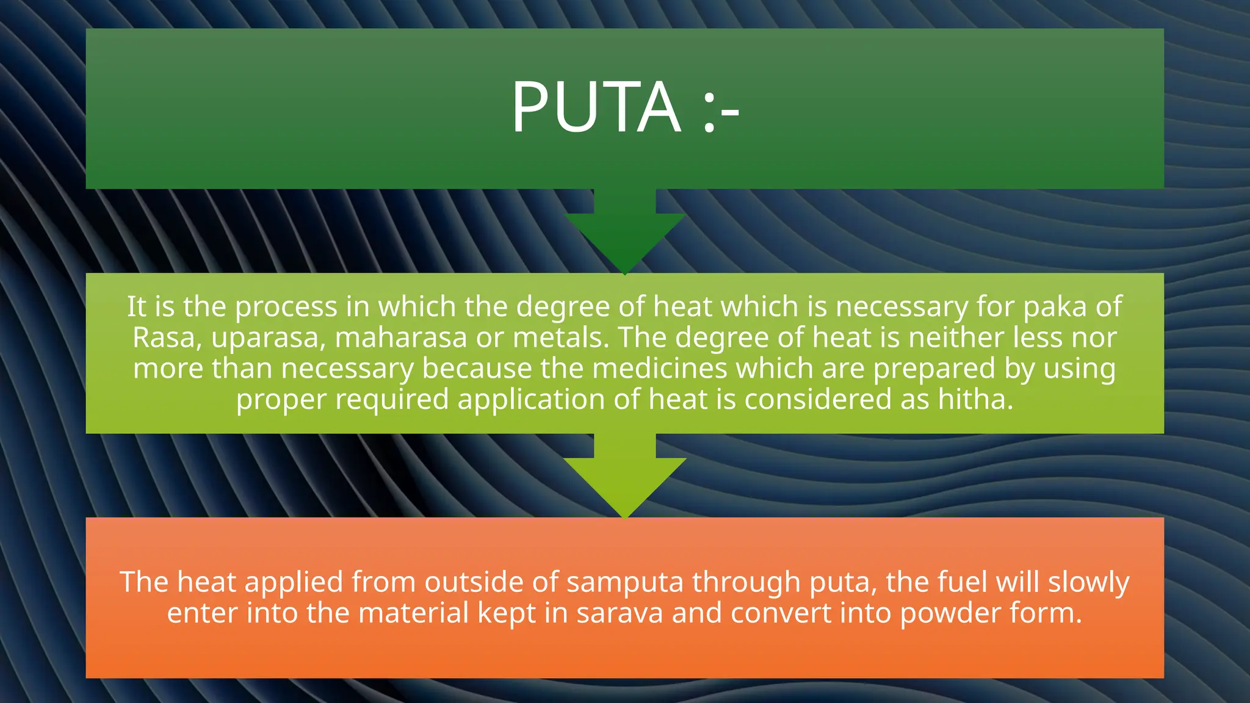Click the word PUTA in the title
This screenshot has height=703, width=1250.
pyautogui.click(x=596, y=107)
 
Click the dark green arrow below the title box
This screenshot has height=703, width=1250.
pyautogui.click(x=624, y=235)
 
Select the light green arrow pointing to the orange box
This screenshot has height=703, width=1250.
pyautogui.click(x=624, y=479)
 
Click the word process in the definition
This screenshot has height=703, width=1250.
pyautogui.click(x=286, y=307)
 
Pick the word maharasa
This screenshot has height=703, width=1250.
pyautogui.click(x=401, y=337)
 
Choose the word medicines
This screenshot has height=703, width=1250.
pyautogui.click(x=660, y=369)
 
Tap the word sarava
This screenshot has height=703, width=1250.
pyautogui.click(x=620, y=613)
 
